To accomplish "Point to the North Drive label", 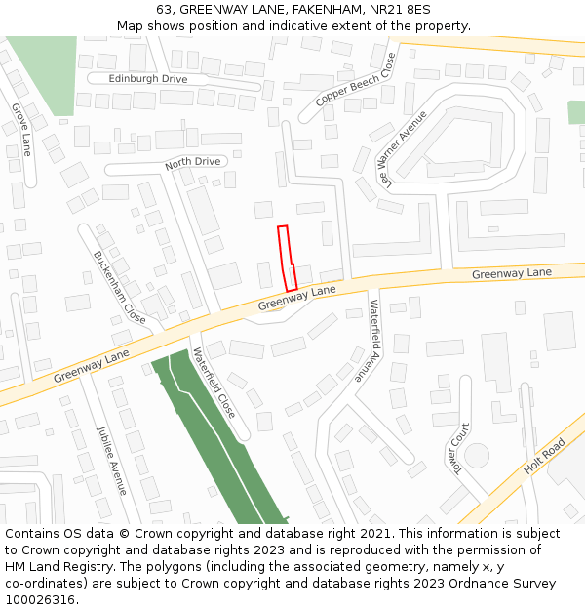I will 192,162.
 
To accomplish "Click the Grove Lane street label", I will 22,130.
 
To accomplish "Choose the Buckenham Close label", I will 119,288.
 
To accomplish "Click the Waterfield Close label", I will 214,383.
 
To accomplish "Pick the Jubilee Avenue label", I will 111,460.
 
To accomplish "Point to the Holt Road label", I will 544,456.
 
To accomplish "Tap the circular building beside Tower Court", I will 476,455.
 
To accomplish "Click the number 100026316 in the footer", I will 40,600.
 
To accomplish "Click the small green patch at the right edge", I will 576,111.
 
